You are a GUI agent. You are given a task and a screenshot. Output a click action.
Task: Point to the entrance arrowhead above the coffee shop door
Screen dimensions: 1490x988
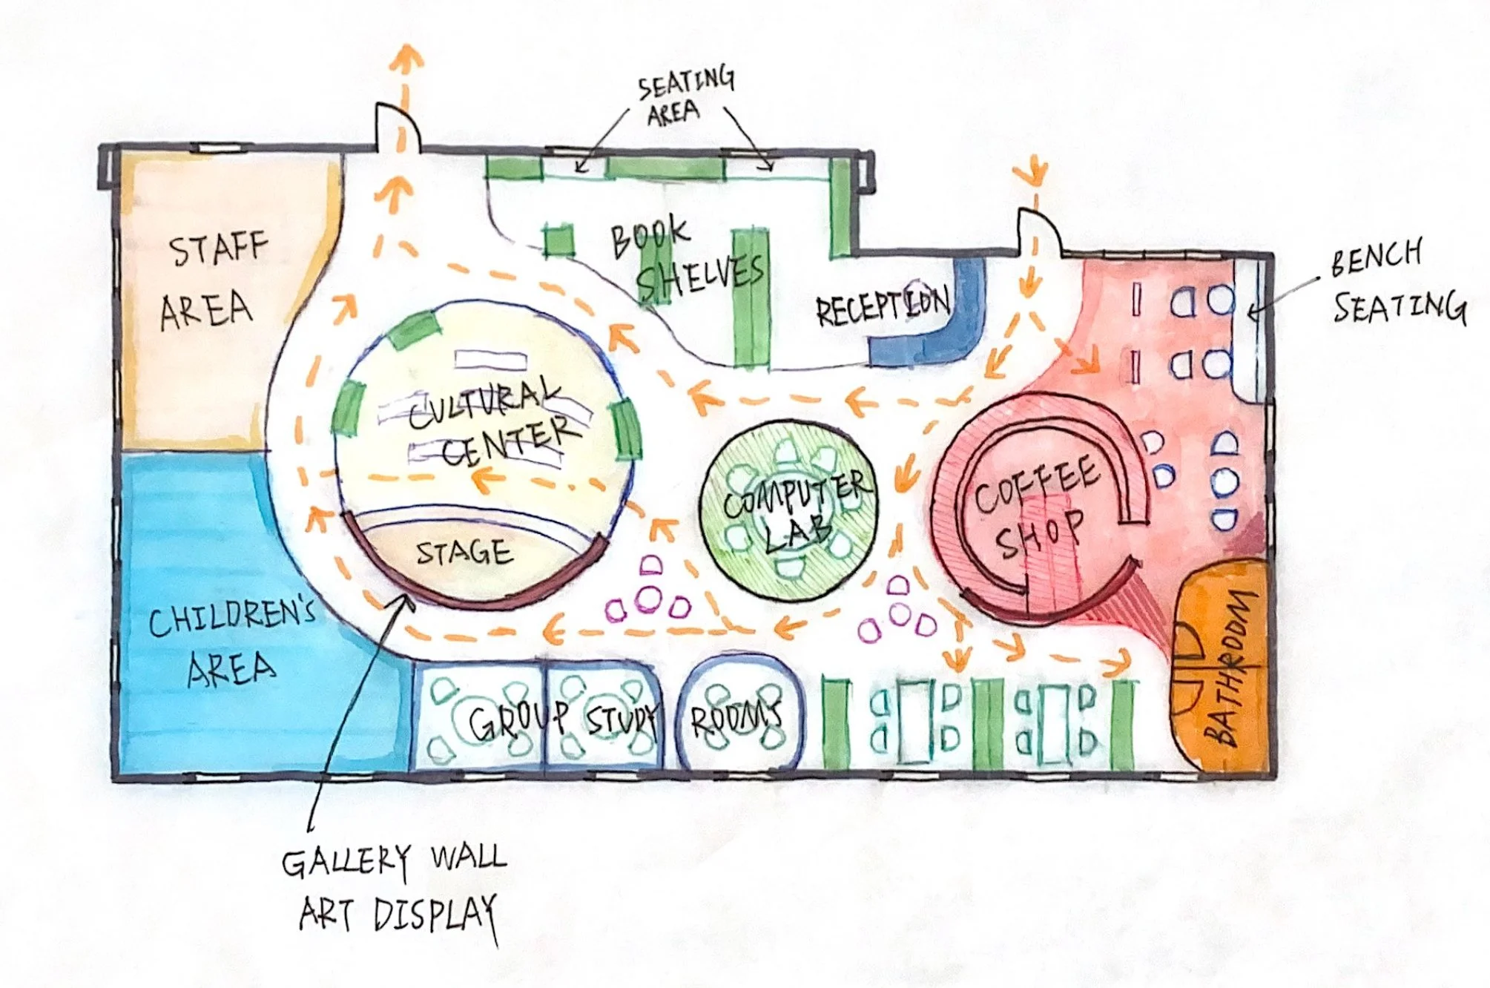(1034, 174)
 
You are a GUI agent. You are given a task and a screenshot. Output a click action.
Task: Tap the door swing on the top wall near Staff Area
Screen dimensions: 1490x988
(397, 126)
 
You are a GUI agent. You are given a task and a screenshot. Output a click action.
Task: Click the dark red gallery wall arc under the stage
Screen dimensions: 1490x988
(475, 593)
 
